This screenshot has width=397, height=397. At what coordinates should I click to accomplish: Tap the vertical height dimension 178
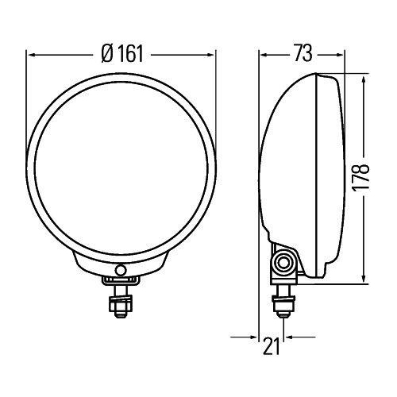click(362, 182)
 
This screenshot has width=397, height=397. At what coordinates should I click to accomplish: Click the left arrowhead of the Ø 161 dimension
click(32, 56)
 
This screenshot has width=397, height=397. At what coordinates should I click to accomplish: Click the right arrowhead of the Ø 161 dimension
click(211, 56)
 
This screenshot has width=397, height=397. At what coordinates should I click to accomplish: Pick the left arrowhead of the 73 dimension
click(264, 54)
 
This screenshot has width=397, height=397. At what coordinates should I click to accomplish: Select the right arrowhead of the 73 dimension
click(338, 54)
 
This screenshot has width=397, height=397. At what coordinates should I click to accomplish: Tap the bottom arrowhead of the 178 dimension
click(363, 279)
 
